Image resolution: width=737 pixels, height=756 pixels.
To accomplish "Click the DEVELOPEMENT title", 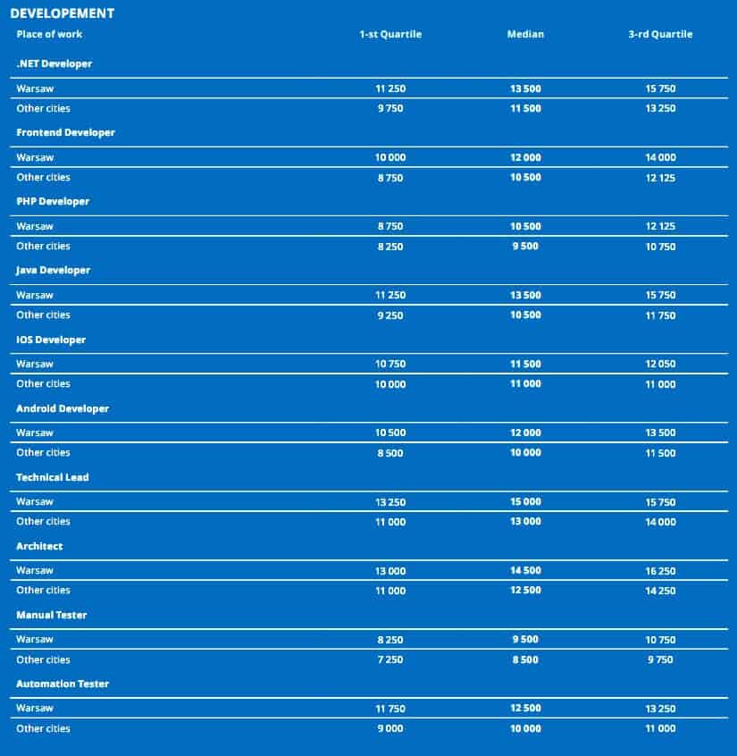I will (x=62, y=13).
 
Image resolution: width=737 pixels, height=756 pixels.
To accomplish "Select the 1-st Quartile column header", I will (x=390, y=34).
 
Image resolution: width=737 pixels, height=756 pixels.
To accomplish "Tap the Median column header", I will (x=525, y=34).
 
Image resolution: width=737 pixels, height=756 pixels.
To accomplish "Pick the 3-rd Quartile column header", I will (x=660, y=34).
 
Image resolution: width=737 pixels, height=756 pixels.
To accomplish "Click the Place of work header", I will (x=49, y=34).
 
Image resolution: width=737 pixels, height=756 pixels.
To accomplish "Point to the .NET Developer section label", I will (x=54, y=63).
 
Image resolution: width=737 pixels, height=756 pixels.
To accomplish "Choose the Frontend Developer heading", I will (x=65, y=132).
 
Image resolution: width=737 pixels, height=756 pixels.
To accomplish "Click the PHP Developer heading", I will (x=53, y=201).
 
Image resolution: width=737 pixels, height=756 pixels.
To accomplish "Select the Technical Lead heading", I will (x=52, y=477).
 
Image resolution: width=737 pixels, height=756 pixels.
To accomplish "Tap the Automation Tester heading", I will (x=63, y=684).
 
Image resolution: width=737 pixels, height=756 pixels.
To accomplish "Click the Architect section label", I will (x=39, y=546).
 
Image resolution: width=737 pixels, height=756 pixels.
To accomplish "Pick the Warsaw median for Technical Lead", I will (x=525, y=502).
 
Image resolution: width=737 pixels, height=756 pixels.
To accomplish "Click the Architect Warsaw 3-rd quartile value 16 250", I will (x=660, y=571).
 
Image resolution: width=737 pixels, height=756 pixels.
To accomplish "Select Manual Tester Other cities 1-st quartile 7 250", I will (x=390, y=659).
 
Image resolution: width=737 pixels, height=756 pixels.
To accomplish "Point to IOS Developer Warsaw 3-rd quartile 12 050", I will (x=660, y=365).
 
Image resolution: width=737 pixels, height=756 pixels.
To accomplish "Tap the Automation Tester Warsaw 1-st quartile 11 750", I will (x=390, y=709).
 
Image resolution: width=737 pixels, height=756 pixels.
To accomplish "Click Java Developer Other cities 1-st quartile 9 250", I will (x=390, y=315).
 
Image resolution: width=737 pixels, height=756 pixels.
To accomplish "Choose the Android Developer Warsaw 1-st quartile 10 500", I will (x=390, y=433).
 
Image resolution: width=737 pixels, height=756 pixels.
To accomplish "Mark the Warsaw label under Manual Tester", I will (x=35, y=639).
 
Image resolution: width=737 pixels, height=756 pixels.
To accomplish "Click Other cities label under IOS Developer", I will (x=43, y=383).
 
